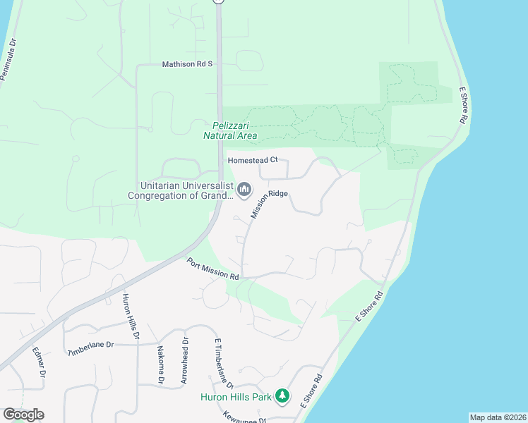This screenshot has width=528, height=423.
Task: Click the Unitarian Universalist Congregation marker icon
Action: (244, 189)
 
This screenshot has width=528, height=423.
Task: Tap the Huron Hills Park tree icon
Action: (282, 396)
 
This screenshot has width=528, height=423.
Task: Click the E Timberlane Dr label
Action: (224, 362)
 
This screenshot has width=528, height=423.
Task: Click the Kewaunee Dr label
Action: (244, 417)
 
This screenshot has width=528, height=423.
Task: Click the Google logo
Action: (23, 414)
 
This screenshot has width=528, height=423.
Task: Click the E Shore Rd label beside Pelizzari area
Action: (464, 106)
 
